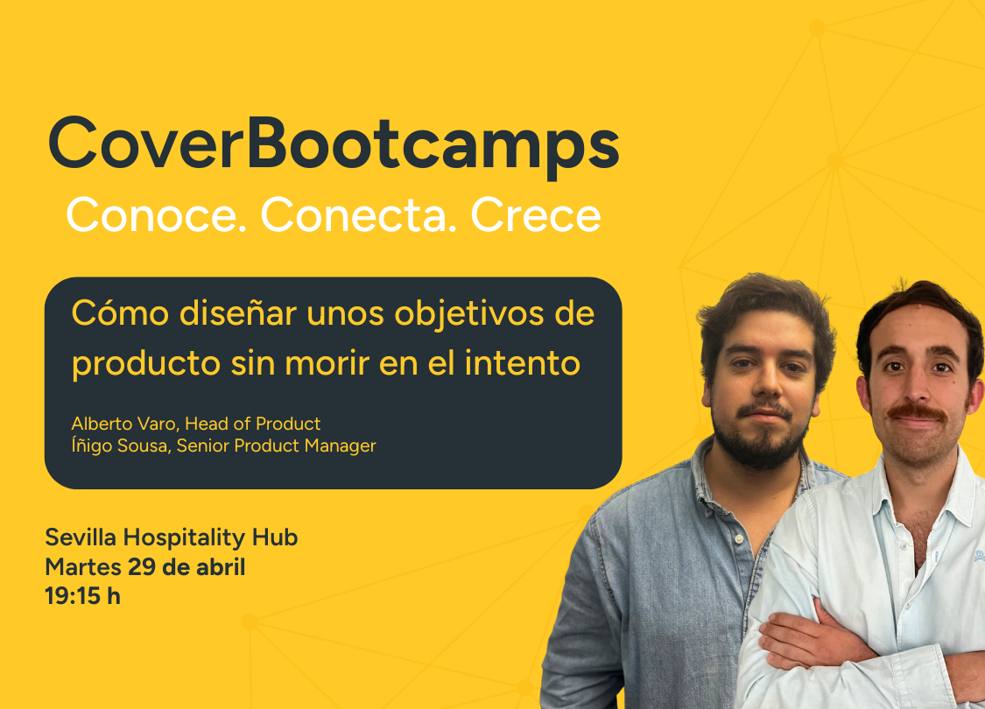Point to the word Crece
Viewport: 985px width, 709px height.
[536, 214]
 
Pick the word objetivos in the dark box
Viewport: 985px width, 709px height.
[468, 314]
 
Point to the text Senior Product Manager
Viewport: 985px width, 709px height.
[276, 446]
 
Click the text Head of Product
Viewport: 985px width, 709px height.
[252, 424]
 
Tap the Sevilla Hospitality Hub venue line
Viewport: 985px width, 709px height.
[171, 537]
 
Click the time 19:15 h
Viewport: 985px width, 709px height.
[82, 596]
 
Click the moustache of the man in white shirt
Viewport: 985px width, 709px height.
[918, 412]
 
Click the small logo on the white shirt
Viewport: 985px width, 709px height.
[979, 556]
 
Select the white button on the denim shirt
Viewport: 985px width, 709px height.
[740, 539]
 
